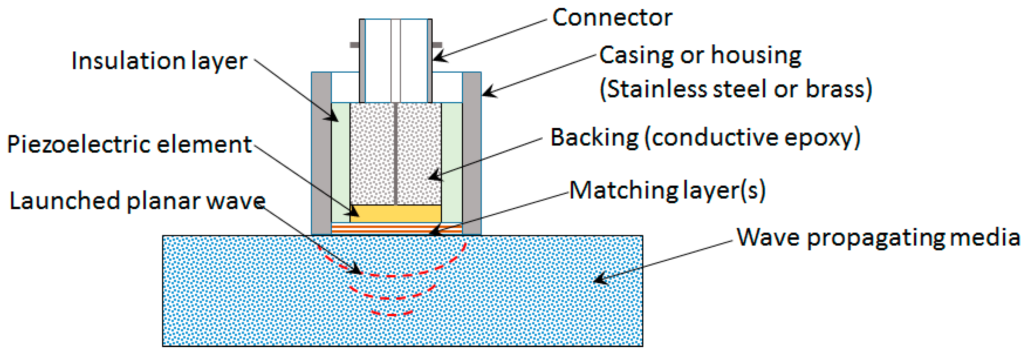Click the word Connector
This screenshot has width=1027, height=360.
[612, 18]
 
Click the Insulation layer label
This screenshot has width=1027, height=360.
[159, 61]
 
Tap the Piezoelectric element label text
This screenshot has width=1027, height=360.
[130, 144]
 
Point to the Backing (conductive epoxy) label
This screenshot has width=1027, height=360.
[705, 138]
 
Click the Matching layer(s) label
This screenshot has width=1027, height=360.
[667, 190]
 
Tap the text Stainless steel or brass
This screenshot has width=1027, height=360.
[736, 88]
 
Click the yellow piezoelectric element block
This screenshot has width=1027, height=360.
[396, 214]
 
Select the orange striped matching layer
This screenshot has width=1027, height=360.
[396, 229]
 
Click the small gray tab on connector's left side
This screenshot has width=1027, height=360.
[354, 45]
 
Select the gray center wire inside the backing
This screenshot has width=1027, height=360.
[396, 153]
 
